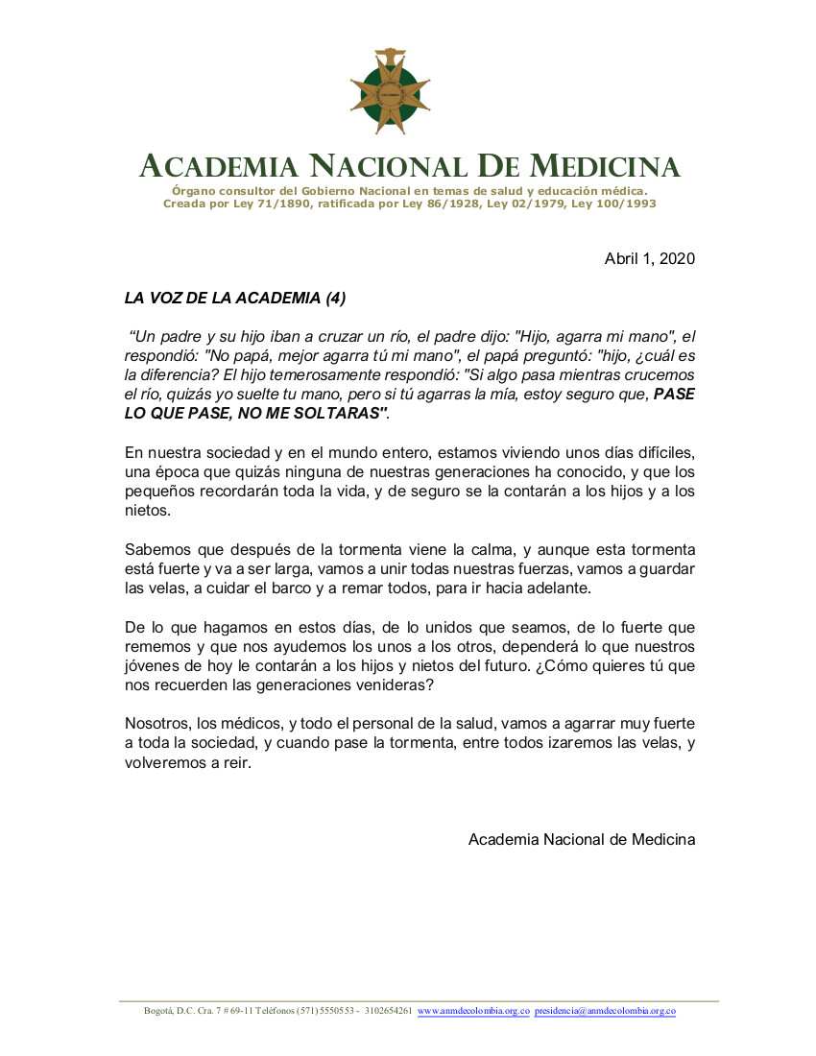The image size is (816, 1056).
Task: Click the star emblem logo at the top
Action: click(389, 91)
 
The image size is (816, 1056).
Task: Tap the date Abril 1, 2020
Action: click(650, 258)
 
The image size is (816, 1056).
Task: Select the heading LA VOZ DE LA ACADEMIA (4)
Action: click(235, 298)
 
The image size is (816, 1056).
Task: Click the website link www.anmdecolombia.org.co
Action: click(473, 1011)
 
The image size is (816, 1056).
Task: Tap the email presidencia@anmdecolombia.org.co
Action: click(605, 1011)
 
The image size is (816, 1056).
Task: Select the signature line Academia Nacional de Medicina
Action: click(582, 839)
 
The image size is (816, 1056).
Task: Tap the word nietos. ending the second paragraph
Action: click(147, 511)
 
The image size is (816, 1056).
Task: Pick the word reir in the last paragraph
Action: click(235, 763)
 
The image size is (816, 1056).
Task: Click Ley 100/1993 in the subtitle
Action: click(614, 204)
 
